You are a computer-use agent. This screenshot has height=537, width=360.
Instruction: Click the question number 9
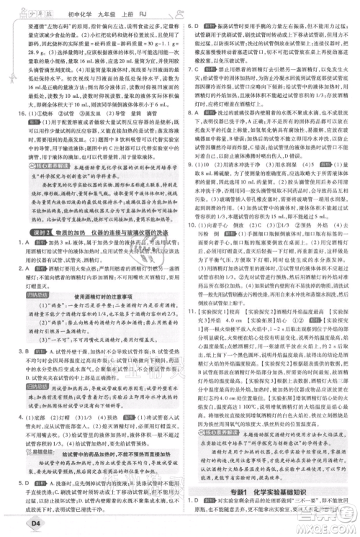coord(194,204)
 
